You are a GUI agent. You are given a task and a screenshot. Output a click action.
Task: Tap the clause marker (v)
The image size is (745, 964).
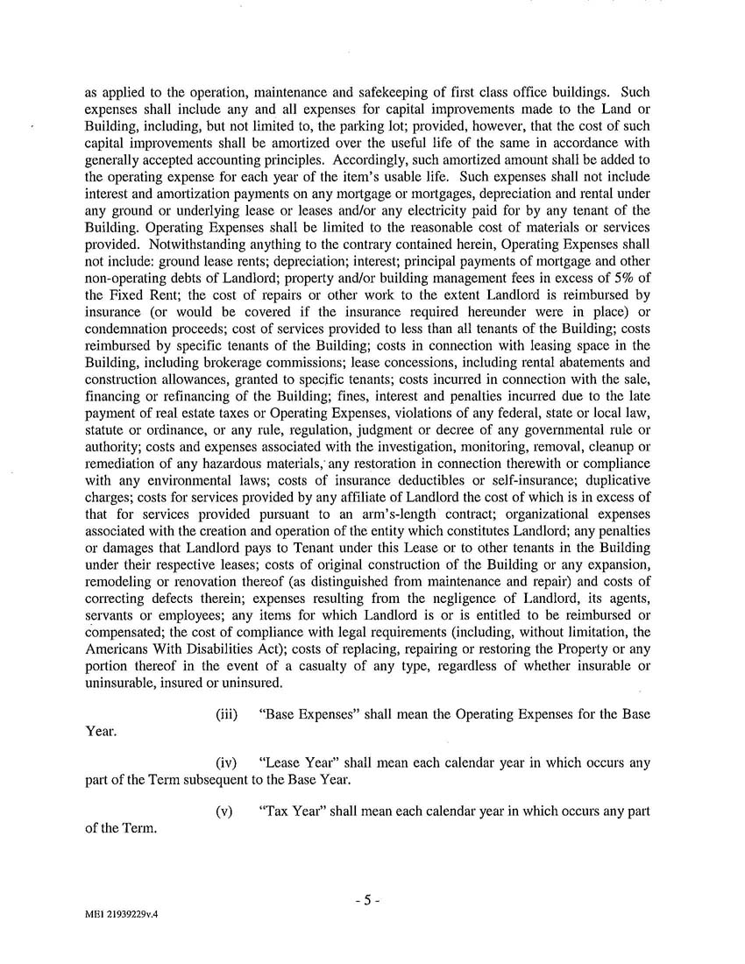pyautogui.click(x=224, y=811)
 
